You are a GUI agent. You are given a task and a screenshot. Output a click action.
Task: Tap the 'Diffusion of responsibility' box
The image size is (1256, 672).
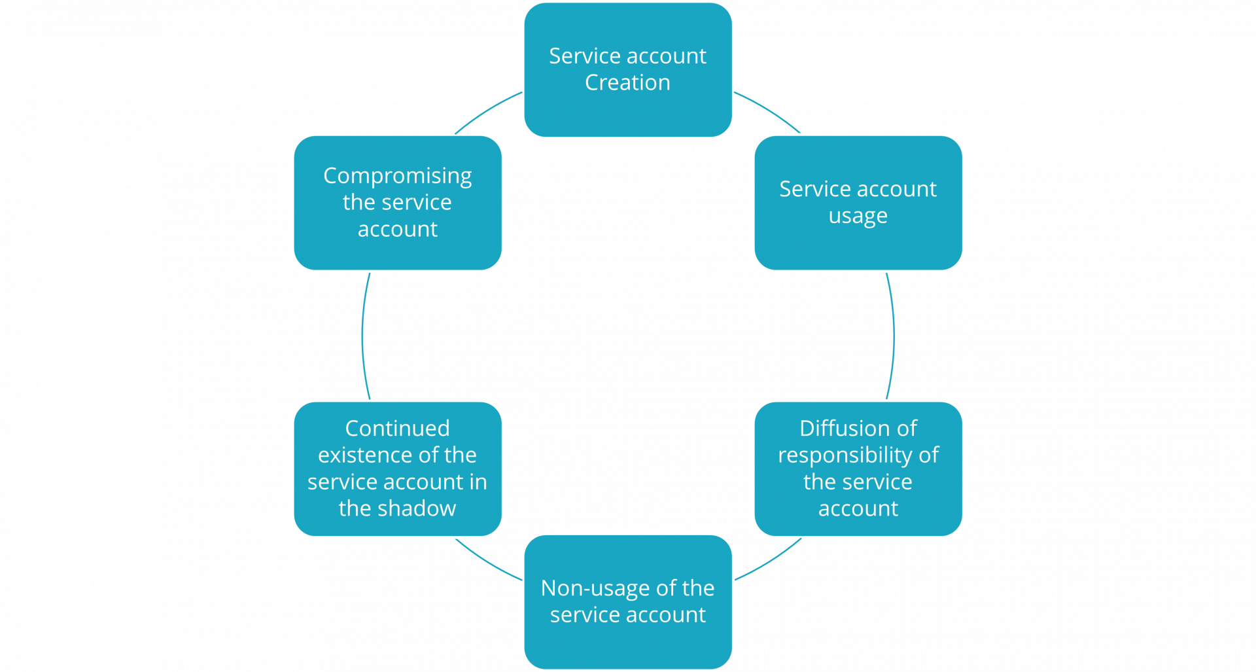pyautogui.click(x=858, y=469)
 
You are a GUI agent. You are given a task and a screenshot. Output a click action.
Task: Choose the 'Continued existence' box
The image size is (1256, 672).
pyautogui.click(x=398, y=469)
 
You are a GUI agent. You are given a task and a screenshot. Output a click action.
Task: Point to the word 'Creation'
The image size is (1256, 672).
pyautogui.click(x=627, y=83)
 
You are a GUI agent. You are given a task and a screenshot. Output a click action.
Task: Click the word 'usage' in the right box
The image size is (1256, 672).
pyautogui.click(x=858, y=216)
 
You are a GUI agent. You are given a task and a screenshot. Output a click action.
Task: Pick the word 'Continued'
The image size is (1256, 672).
pyautogui.click(x=397, y=429)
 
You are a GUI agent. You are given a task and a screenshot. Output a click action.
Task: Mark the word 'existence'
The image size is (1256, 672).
pyautogui.click(x=372, y=455)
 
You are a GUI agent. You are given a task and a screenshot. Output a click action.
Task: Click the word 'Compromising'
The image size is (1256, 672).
pyautogui.click(x=397, y=176)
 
